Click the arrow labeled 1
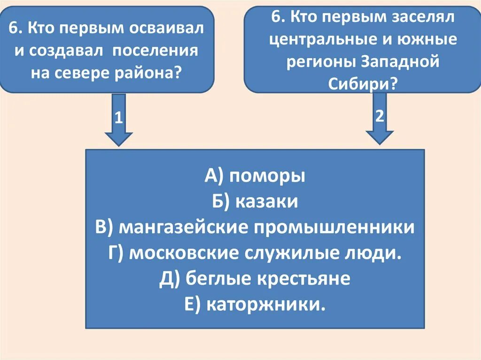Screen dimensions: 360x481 pyautogui.click(x=118, y=120)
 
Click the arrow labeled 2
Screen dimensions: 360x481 pyautogui.click(x=380, y=118)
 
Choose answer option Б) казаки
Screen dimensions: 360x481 pyautogui.click(x=255, y=202)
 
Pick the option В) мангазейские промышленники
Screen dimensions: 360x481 pyautogui.click(x=255, y=228)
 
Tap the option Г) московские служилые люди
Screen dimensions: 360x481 pyautogui.click(x=255, y=253)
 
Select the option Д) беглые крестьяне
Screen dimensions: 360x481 pyautogui.click(x=255, y=279)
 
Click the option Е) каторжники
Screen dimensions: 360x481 pyautogui.click(x=255, y=305)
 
